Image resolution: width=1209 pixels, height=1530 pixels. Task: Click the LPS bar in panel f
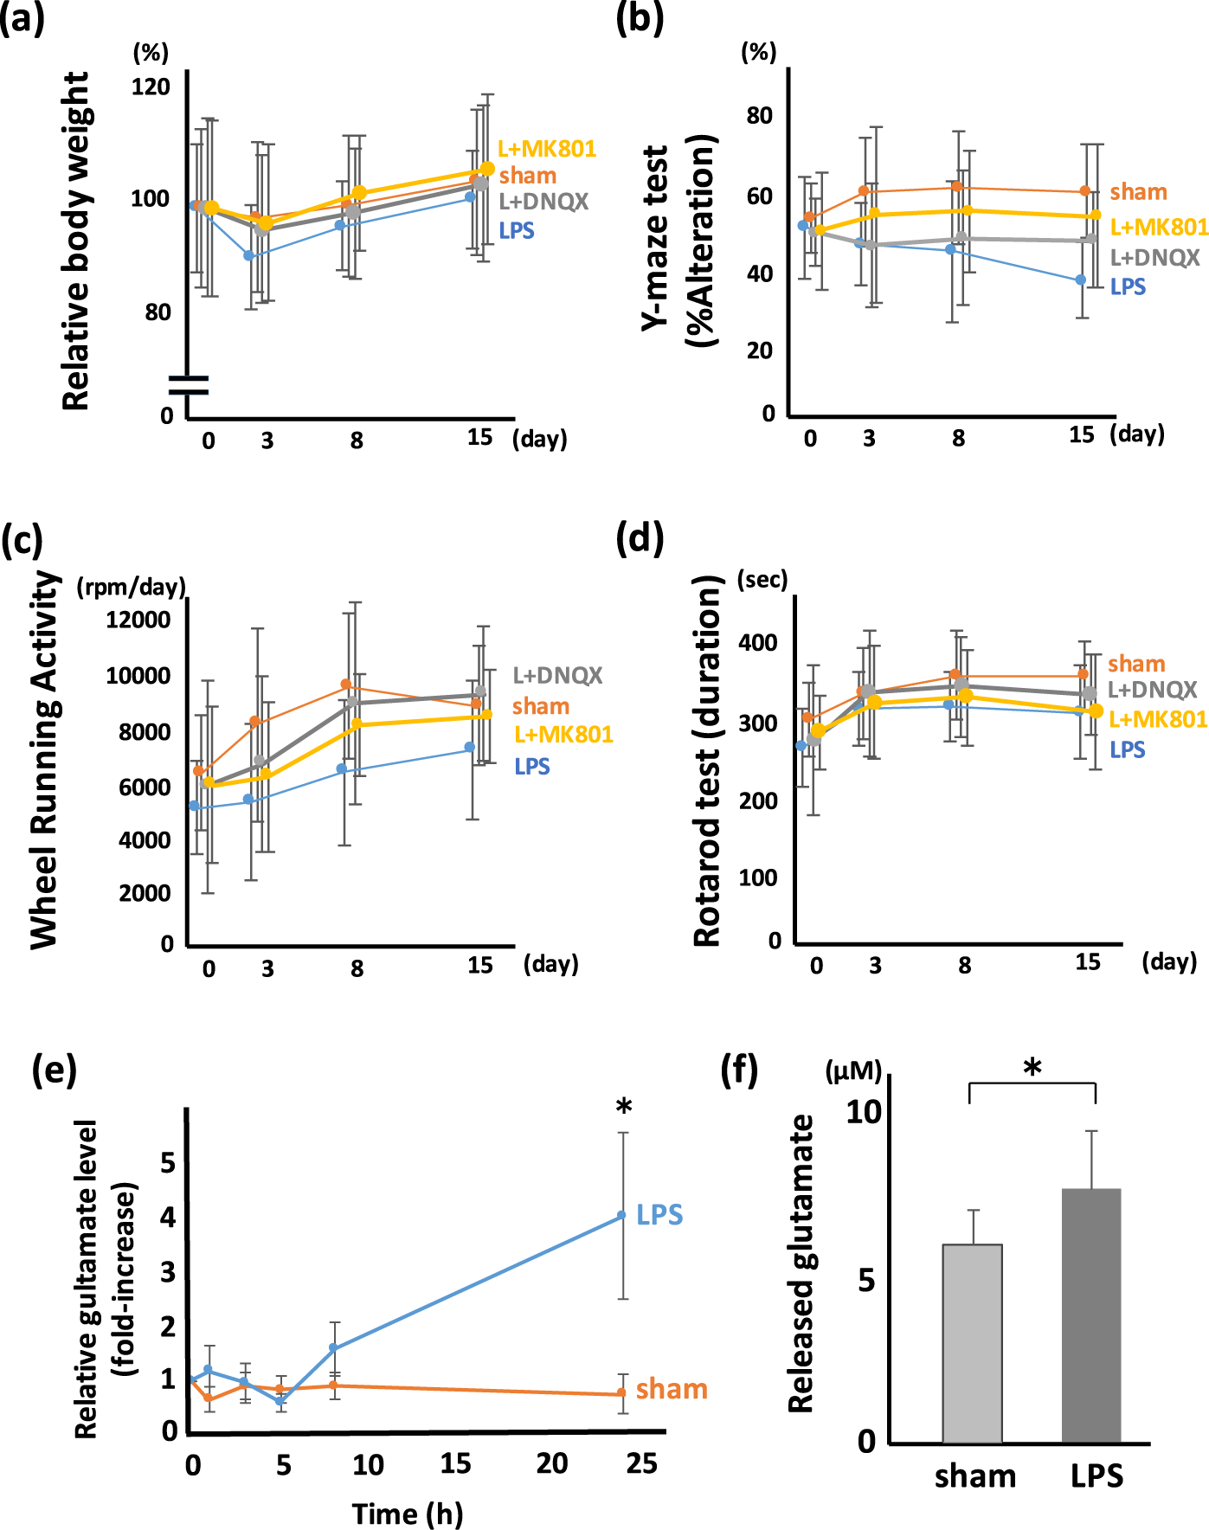pos(1091,1315)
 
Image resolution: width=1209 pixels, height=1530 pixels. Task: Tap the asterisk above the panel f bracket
pos(1032,1068)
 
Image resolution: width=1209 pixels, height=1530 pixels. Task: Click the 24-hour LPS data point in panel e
pos(621,1216)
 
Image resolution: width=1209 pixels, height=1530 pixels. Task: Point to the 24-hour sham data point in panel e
pos(621,1392)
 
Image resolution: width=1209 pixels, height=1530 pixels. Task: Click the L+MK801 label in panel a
pos(547,149)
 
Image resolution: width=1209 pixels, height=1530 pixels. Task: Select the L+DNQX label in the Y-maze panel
pos(1154,258)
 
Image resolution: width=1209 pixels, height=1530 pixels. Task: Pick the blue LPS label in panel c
pos(531,767)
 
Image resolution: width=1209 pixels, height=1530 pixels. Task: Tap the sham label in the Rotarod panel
pos(1136,664)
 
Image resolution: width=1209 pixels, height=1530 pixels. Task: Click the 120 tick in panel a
pos(151,87)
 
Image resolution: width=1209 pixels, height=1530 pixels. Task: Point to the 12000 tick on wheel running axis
pos(138,620)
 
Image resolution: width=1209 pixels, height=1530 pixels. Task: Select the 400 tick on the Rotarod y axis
pos(757,643)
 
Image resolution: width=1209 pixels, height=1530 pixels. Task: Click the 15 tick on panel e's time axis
pos(455,1463)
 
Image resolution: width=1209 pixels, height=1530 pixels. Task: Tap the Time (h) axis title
pos(408,1514)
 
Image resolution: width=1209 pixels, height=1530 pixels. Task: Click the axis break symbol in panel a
pos(189,385)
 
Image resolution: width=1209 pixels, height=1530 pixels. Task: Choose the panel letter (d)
pos(640,538)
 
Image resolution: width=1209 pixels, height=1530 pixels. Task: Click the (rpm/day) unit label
pos(132,588)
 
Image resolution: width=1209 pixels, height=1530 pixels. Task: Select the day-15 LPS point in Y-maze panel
pos(1080,280)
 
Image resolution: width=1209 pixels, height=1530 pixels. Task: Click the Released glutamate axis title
pos(802,1263)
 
